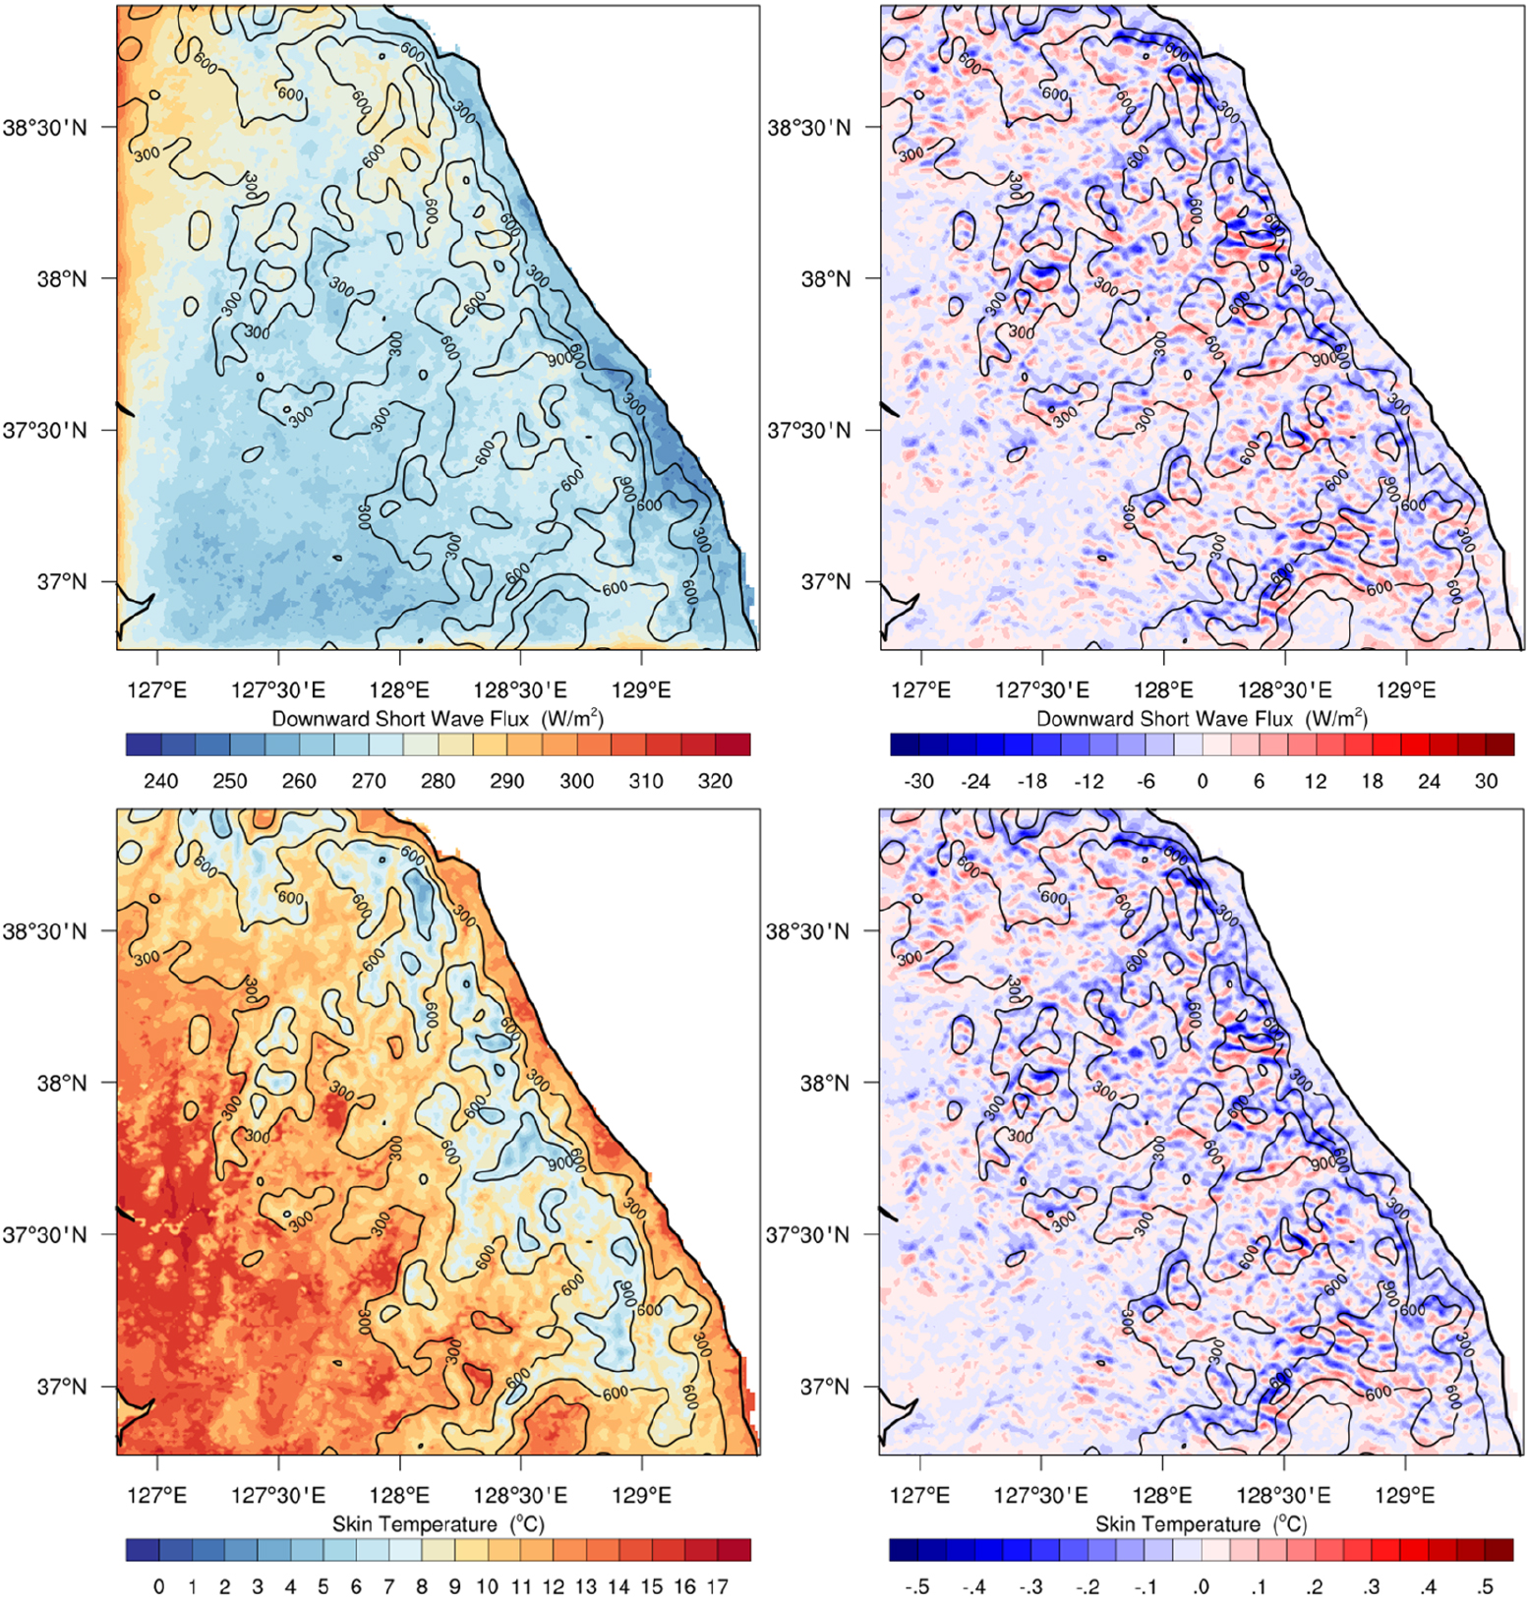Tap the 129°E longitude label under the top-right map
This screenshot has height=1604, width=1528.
1405,689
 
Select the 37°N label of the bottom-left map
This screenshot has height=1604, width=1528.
62,1387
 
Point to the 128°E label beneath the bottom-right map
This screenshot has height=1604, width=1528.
1162,1495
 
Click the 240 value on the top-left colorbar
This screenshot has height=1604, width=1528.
160,781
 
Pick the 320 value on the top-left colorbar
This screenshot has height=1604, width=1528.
715,781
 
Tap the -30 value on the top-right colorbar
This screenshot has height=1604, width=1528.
917,781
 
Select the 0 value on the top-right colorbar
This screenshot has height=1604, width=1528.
1202,781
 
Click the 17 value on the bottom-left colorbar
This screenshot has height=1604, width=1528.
717,1586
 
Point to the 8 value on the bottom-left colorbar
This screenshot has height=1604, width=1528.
421,1586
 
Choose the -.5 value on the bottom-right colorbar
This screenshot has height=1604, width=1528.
917,1586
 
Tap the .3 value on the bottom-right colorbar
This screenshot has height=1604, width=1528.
1371,1586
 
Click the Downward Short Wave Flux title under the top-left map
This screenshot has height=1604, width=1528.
437,719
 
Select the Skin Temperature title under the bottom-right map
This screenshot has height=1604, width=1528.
1201,1523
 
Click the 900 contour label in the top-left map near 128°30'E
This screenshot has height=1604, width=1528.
559,360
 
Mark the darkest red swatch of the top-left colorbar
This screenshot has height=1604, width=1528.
734,744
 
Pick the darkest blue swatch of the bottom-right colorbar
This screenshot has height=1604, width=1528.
904,1550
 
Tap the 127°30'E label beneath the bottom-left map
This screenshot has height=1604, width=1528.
277,1495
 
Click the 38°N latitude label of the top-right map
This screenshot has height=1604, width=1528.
826,278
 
